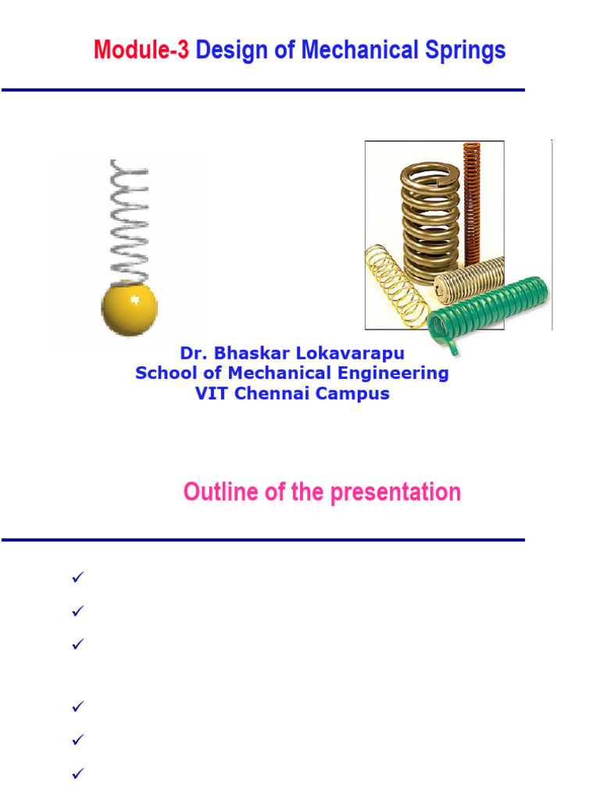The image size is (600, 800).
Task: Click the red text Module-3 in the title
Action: [141, 51]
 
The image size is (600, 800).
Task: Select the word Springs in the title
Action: [466, 51]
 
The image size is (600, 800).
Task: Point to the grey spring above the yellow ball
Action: [127, 219]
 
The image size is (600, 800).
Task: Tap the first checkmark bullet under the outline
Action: [77, 577]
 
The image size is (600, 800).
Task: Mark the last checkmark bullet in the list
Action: [77, 774]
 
